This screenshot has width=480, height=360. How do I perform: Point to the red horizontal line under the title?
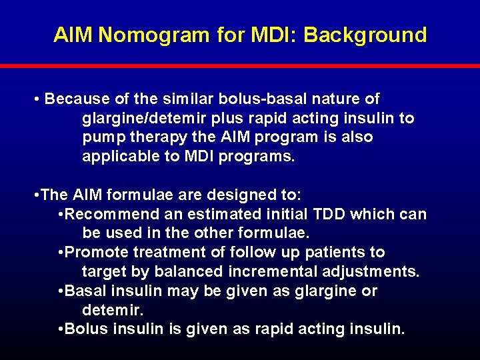(240, 66)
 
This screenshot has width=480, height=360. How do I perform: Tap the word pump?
(102, 137)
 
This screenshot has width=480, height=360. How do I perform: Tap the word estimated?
(226, 215)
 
